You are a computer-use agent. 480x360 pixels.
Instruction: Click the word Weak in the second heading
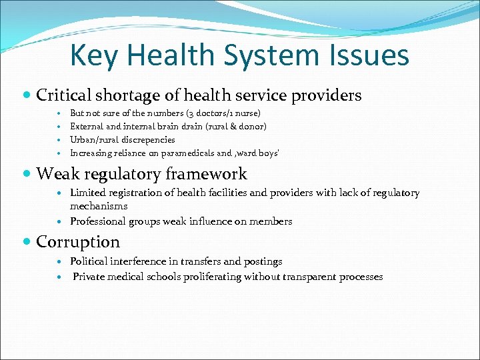57,175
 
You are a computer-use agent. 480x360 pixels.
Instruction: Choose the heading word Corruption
78,242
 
